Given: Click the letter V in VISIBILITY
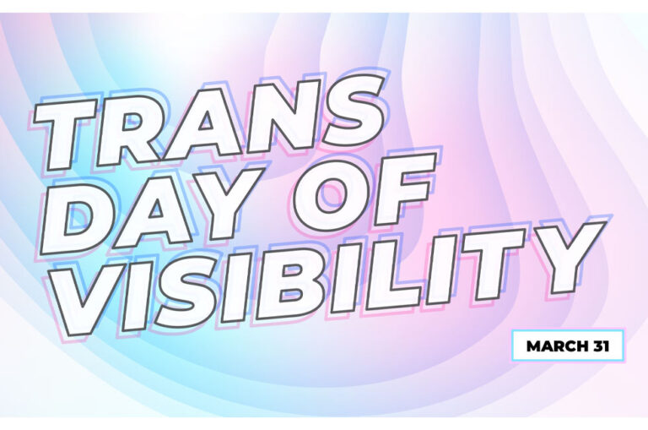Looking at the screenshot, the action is coord(89,298).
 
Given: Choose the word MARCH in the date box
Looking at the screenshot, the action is coord(552,346).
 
